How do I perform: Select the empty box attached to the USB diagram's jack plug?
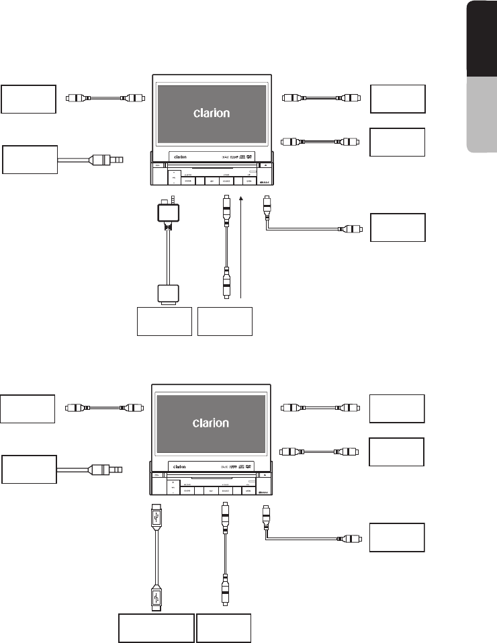click(x=29, y=468)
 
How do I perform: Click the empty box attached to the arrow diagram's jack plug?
click(x=30, y=160)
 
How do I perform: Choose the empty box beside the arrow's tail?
click(x=225, y=320)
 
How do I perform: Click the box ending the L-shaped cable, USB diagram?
click(x=398, y=538)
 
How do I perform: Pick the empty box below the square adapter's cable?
click(x=165, y=320)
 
